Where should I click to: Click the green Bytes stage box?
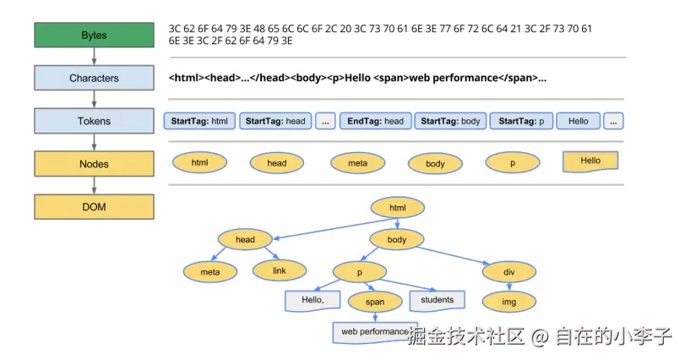tap(94, 35)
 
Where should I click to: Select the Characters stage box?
tap(94, 78)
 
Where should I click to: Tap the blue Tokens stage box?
tap(94, 121)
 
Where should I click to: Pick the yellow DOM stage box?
tap(94, 206)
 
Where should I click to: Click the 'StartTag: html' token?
tap(199, 121)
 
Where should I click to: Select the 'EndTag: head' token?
tap(376, 121)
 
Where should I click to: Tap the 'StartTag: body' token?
tap(450, 121)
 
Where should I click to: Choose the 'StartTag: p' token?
tap(520, 121)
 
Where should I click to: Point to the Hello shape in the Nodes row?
tap(590, 161)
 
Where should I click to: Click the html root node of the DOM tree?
tap(397, 207)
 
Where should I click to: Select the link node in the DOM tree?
tap(280, 270)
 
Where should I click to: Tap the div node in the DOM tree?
tap(508, 272)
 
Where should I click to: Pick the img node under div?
tap(508, 301)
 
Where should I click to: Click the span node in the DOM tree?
tap(375, 302)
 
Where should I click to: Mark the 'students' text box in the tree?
tap(437, 300)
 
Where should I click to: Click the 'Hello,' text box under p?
tap(313, 300)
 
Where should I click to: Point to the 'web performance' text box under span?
tap(373, 332)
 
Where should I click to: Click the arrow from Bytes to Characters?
tap(94, 57)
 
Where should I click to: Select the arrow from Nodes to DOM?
tap(94, 185)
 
